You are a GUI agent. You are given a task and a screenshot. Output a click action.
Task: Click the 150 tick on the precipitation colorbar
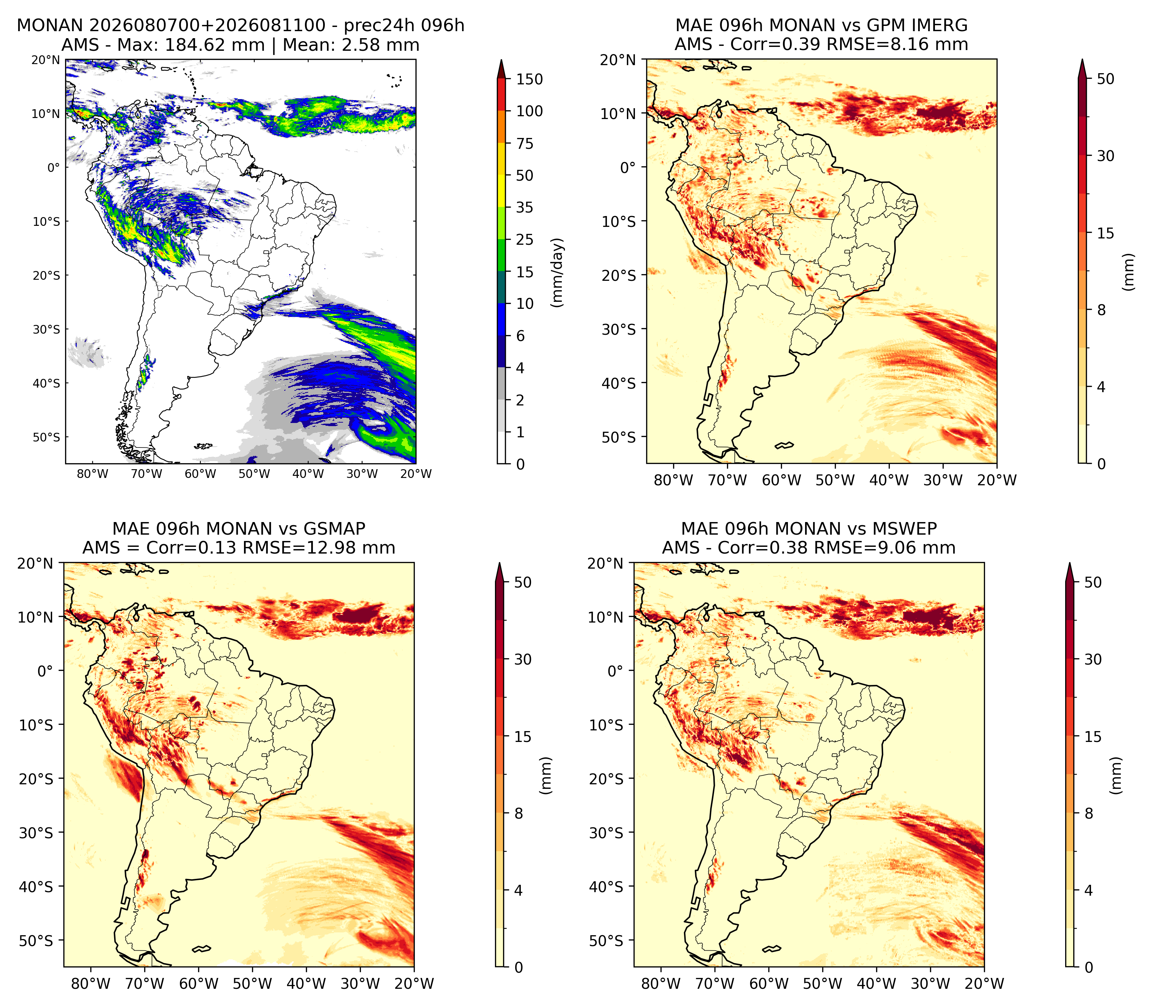[x=530, y=79]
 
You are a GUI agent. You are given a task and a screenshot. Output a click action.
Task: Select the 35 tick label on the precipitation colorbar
[x=525, y=207]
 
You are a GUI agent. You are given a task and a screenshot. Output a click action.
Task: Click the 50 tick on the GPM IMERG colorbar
[x=1105, y=79]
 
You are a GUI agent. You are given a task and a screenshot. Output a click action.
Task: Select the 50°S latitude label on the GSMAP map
[x=36, y=941]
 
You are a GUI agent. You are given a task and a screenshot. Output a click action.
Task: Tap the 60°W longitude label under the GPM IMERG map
[x=781, y=480]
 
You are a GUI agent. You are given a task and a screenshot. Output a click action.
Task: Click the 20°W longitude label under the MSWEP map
[x=985, y=984]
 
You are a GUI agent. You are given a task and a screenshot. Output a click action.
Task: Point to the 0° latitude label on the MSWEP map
[x=616, y=671]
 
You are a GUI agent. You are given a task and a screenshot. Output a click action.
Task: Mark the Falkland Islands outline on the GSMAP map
[x=202, y=949]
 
